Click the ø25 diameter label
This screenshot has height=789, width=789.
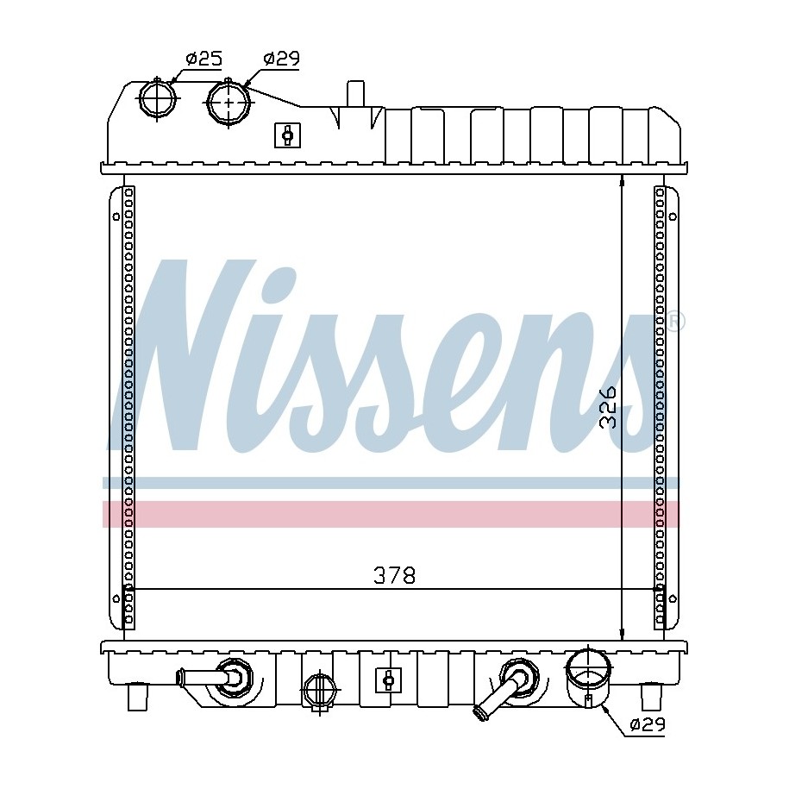204,59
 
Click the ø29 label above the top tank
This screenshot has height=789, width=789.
281,59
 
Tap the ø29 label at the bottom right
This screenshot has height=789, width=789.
648,724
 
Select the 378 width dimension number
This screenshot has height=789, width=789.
395,576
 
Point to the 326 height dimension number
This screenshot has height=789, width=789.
608,407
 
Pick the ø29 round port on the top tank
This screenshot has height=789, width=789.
229,103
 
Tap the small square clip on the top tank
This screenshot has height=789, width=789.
287,135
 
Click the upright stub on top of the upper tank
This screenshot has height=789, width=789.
355,94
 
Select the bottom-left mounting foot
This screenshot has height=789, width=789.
137,697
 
